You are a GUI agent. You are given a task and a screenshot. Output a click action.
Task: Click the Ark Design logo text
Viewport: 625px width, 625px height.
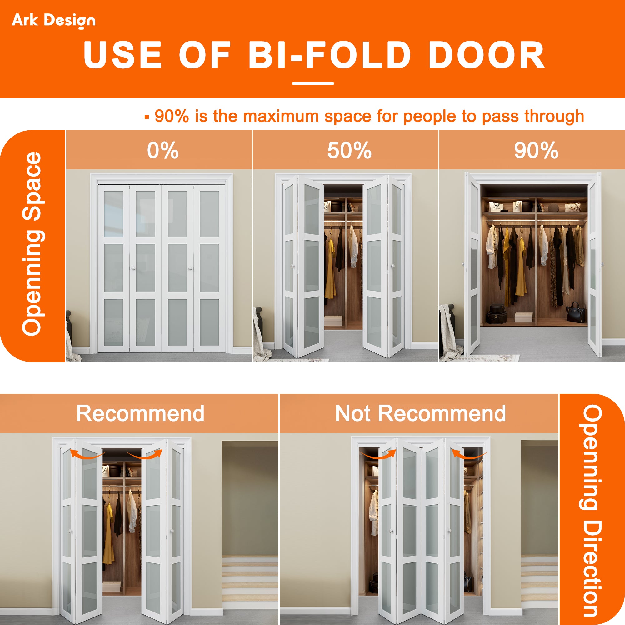tap(54, 20)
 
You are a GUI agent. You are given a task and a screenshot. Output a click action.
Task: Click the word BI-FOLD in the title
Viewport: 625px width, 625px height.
tap(329, 55)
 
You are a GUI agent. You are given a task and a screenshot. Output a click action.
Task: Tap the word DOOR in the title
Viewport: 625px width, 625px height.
tap(487, 55)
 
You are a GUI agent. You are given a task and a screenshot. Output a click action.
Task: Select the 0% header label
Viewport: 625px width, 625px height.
tap(163, 150)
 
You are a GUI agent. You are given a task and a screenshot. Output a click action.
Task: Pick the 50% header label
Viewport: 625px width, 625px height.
tap(349, 150)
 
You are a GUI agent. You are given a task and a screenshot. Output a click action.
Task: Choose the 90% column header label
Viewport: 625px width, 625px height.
tap(536, 150)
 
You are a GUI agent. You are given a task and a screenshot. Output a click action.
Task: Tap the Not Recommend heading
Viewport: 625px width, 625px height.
tap(420, 413)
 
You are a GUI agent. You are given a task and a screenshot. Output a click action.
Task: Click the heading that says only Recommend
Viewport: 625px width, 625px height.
tap(140, 413)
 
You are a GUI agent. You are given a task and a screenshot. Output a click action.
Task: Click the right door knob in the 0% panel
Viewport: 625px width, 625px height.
tap(190, 268)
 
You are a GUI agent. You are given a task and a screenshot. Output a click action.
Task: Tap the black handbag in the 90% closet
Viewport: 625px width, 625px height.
tap(576, 312)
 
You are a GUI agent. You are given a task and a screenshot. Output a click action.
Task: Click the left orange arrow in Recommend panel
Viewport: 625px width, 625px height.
tap(87, 454)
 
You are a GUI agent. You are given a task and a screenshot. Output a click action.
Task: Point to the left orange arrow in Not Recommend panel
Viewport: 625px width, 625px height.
tap(378, 454)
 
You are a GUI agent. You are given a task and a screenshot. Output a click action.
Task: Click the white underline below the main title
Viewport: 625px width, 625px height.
tap(313, 83)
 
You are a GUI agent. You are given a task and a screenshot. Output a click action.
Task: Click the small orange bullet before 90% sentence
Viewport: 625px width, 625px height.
tap(147, 117)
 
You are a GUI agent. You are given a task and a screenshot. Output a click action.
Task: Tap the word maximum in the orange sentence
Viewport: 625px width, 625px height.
tap(281, 116)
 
